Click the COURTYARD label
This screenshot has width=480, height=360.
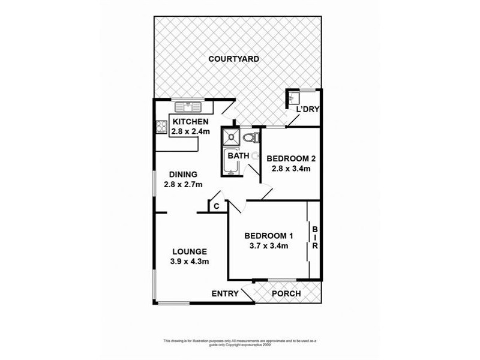tap(233, 59)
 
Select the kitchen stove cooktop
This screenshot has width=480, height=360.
tap(161, 127)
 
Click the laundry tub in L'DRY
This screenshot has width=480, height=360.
tap(294, 97)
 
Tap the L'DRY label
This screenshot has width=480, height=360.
tap(308, 109)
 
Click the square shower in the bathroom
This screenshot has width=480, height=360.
tap(231, 137)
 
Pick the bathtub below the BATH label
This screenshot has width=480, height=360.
tap(231, 164)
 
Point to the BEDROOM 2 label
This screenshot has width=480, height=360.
tap(291, 158)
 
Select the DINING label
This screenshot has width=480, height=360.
tap(184, 175)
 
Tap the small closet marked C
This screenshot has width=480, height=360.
tap(216, 206)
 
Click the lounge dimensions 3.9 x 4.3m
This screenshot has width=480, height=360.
tap(190, 262)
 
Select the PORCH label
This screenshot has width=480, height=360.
tap(286, 293)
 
